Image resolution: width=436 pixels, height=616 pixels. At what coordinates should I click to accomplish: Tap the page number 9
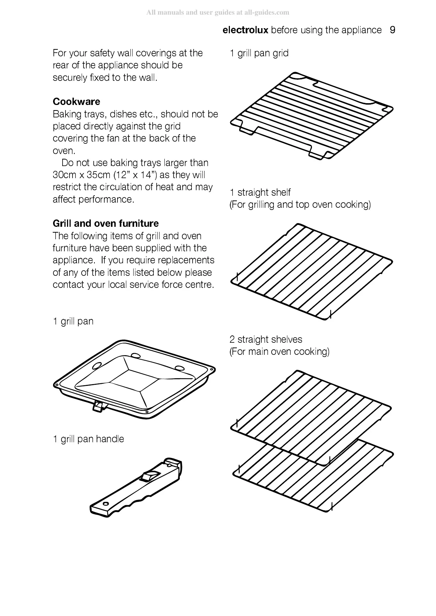pyautogui.click(x=392, y=30)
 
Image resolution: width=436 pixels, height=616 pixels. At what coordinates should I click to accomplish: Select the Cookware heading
pyautogui.click(x=76, y=101)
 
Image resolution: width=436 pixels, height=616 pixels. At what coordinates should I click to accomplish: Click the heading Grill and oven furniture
pyautogui.click(x=105, y=224)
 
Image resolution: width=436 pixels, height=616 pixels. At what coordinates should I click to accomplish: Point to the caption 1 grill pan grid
pyautogui.click(x=259, y=53)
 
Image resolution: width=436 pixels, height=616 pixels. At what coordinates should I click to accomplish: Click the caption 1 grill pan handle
pyautogui.click(x=88, y=439)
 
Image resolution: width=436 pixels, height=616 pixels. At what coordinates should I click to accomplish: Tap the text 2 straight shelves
pyautogui.click(x=266, y=339)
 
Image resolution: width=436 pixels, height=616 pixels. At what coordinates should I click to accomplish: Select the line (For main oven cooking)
pyautogui.click(x=279, y=352)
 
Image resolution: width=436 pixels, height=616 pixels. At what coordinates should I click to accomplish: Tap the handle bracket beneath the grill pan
pyautogui.click(x=98, y=406)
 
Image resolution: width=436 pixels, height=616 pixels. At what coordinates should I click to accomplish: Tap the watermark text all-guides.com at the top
pyautogui.click(x=267, y=12)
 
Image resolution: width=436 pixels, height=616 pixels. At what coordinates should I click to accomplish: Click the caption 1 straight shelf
pyautogui.click(x=260, y=192)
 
